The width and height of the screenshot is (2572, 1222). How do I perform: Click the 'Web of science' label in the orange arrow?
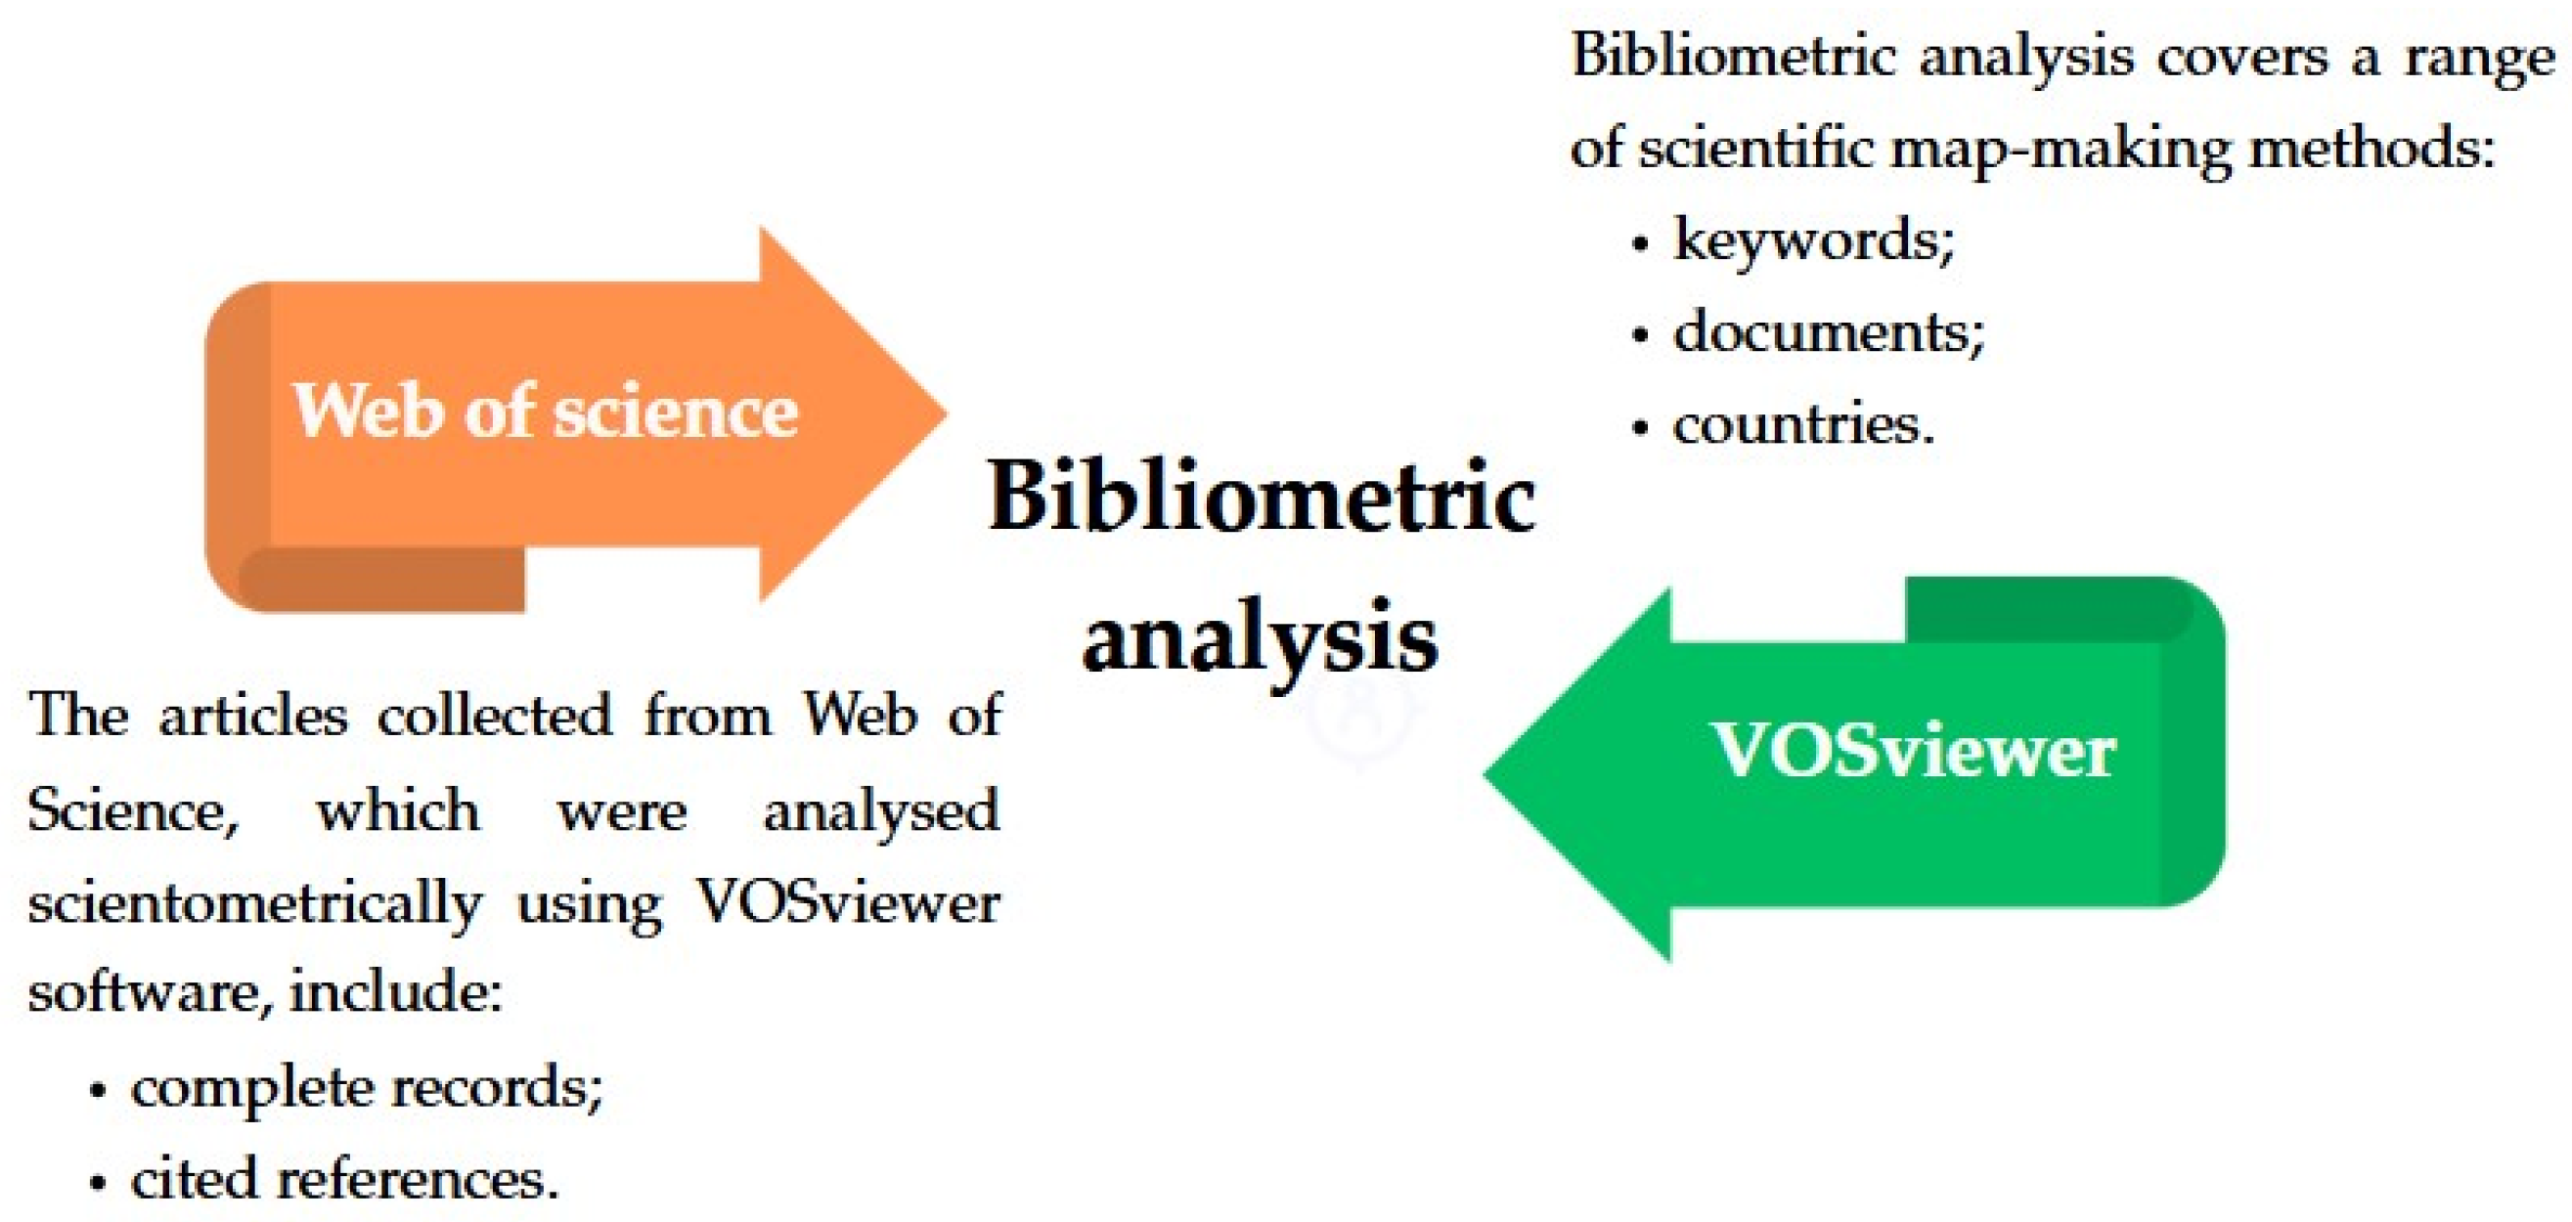point(545,411)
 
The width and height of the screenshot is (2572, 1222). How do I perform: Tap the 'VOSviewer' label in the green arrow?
point(1913,750)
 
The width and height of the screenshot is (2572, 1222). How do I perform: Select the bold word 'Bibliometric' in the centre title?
point(1261,497)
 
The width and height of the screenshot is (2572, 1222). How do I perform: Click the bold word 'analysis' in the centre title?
point(1260,636)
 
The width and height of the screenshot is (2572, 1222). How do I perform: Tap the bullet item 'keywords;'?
point(1813,240)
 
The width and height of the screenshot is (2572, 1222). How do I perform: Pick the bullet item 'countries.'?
point(1803,424)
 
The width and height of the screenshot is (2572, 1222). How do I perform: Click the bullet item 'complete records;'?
point(367,1087)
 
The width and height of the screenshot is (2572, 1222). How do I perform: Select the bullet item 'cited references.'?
point(344,1179)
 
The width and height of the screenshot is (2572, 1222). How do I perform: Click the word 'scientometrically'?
point(254,903)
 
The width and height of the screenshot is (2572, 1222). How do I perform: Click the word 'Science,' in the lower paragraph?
point(132,809)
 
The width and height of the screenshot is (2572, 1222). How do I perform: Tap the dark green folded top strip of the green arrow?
point(2047,609)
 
